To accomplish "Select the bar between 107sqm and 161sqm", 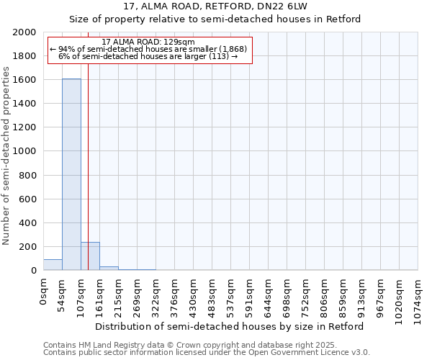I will coord(90,256).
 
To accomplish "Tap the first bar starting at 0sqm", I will coord(53,265).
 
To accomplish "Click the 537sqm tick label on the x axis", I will coord(231,294).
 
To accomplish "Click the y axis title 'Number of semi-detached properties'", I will coord(6,156).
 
